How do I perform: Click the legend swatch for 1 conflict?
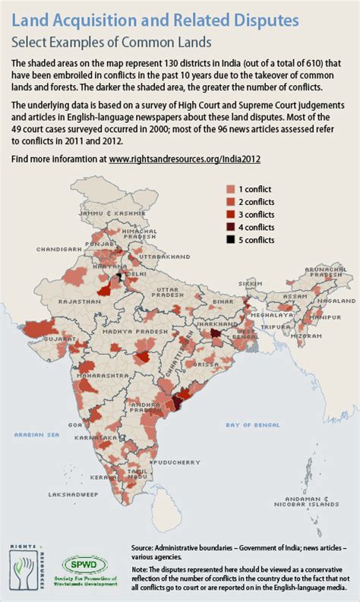coord(231,188)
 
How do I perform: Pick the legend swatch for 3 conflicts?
coord(231,214)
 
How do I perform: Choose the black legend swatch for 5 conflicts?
coord(231,240)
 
